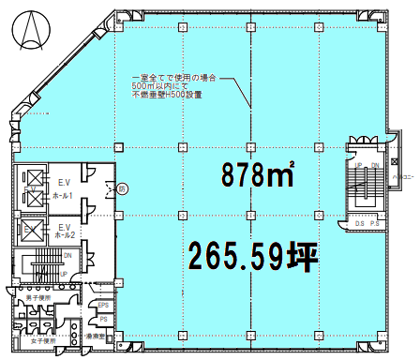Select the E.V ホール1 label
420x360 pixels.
(x=65, y=188)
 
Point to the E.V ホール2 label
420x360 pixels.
(x=65, y=232)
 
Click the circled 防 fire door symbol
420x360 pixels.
(x=122, y=188)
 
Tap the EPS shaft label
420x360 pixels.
(x=104, y=305)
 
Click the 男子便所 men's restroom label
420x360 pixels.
(x=38, y=297)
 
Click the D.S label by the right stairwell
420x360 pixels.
(x=359, y=223)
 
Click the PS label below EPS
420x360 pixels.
(x=104, y=319)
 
